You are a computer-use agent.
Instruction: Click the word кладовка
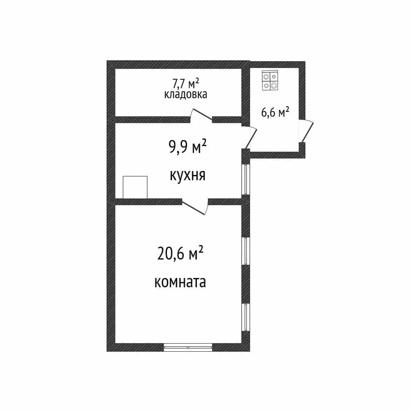point(185,94)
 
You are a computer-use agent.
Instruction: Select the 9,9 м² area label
point(187,147)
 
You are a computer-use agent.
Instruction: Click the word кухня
point(187,175)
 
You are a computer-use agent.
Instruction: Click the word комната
point(180,282)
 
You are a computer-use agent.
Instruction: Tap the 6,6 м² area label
point(275,112)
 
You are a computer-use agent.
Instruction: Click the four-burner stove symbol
point(270,80)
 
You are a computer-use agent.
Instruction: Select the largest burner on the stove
point(274,85)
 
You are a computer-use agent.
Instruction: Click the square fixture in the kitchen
point(135,187)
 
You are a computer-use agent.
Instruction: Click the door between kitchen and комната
point(195,207)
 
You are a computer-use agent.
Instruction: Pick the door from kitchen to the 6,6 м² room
point(249,137)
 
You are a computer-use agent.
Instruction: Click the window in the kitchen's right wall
point(246,179)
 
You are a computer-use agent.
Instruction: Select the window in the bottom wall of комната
point(188,347)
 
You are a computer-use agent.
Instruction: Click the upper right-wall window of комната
point(246,251)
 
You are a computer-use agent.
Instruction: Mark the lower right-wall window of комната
point(246,317)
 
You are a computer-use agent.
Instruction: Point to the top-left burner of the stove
point(266,76)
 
